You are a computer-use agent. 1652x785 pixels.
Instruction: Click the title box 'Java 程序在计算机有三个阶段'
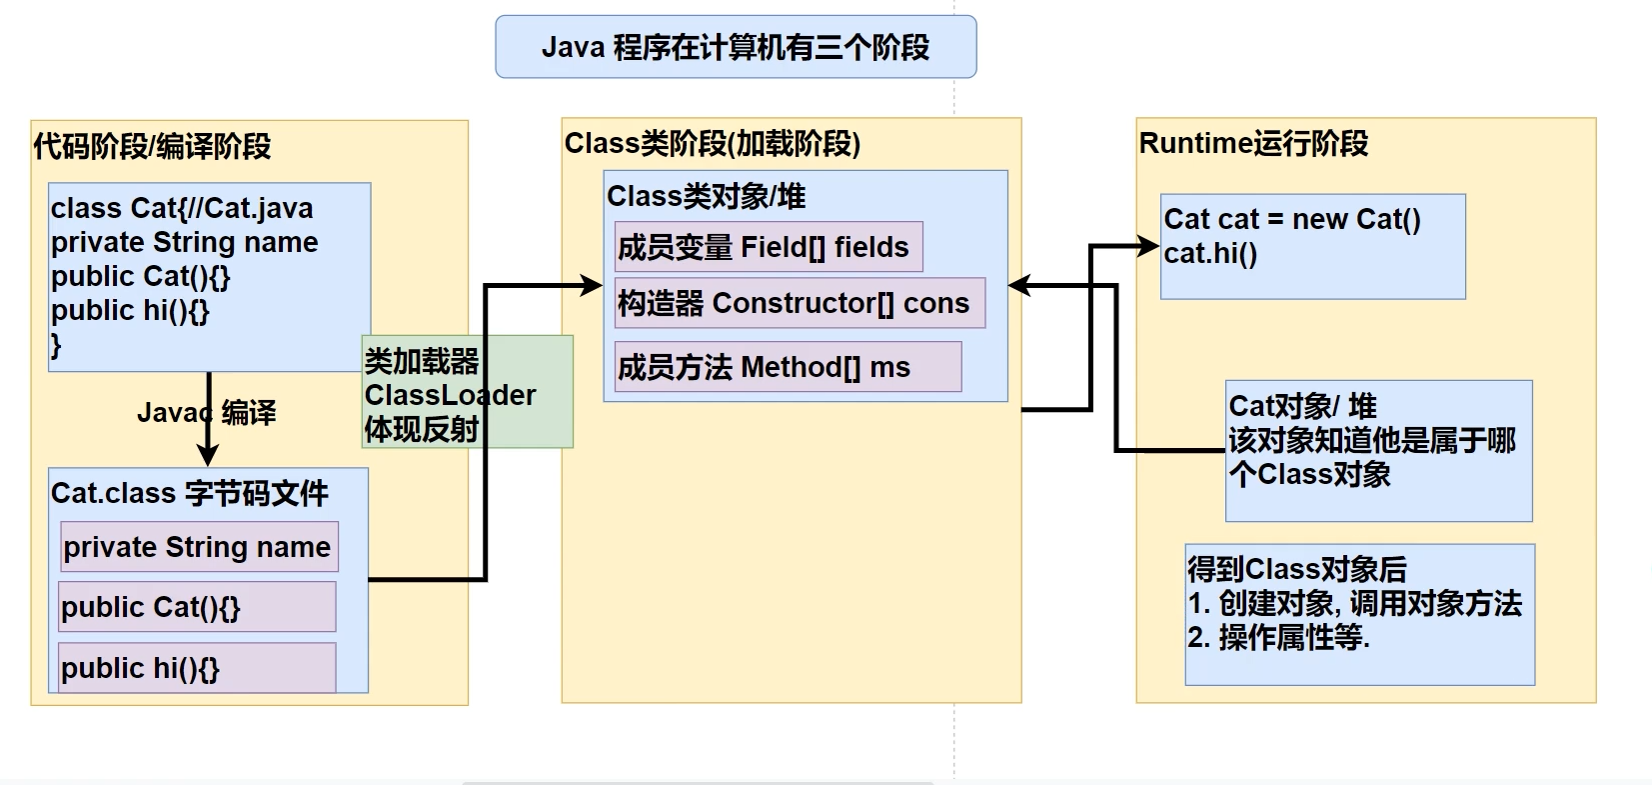click(x=736, y=47)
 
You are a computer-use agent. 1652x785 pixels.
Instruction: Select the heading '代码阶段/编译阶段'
click(x=152, y=146)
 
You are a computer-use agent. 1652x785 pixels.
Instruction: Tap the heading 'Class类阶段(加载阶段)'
click(x=712, y=144)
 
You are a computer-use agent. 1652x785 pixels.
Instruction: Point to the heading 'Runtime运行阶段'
click(x=1253, y=144)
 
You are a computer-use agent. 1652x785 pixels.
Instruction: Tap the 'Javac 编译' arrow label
click(x=207, y=412)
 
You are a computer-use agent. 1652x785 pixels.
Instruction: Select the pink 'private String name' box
click(x=199, y=547)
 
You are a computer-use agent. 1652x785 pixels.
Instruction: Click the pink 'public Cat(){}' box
click(x=197, y=607)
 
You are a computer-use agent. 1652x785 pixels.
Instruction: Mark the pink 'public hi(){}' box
click(x=197, y=668)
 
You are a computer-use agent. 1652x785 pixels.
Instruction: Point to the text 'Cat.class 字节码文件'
click(x=190, y=493)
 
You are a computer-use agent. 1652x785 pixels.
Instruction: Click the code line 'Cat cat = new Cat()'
click(x=1291, y=219)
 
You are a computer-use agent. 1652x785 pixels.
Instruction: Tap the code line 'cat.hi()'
click(x=1210, y=253)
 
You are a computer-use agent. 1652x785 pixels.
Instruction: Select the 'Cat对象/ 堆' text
click(x=1302, y=406)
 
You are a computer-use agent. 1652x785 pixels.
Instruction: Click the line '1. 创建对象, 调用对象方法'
click(x=1354, y=603)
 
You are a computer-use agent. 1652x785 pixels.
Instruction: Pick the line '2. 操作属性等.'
click(x=1278, y=637)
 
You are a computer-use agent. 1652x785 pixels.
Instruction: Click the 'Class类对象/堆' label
click(x=706, y=196)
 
